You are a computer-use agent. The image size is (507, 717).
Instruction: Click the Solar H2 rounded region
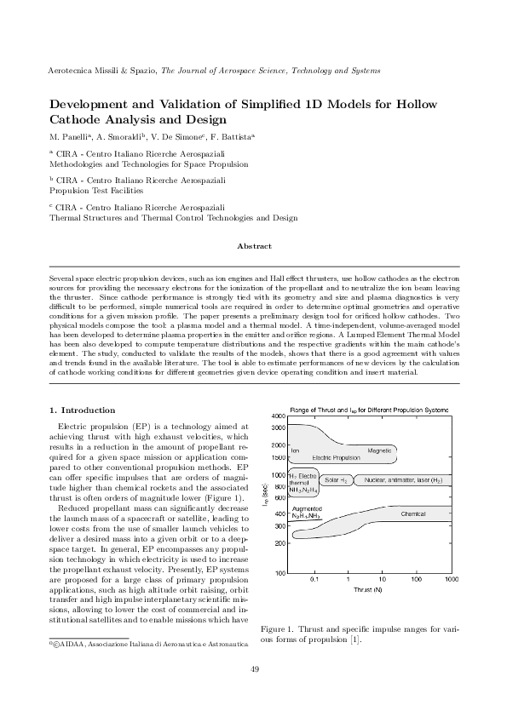tap(337, 480)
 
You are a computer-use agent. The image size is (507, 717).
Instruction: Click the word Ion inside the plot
tap(295, 450)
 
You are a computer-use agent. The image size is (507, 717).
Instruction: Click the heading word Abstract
tap(253, 245)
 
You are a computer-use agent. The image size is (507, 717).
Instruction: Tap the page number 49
tap(253, 691)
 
